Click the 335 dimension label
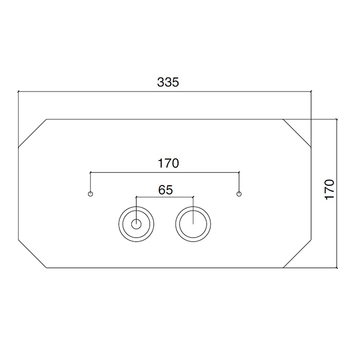point(168,82)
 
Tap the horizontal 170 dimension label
point(168,163)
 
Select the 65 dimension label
point(165,190)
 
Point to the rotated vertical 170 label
point(330,190)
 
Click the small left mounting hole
point(91,194)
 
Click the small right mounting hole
point(239,194)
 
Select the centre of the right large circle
point(193,224)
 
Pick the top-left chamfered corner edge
point(32,133)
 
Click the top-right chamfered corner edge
point(297,133)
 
